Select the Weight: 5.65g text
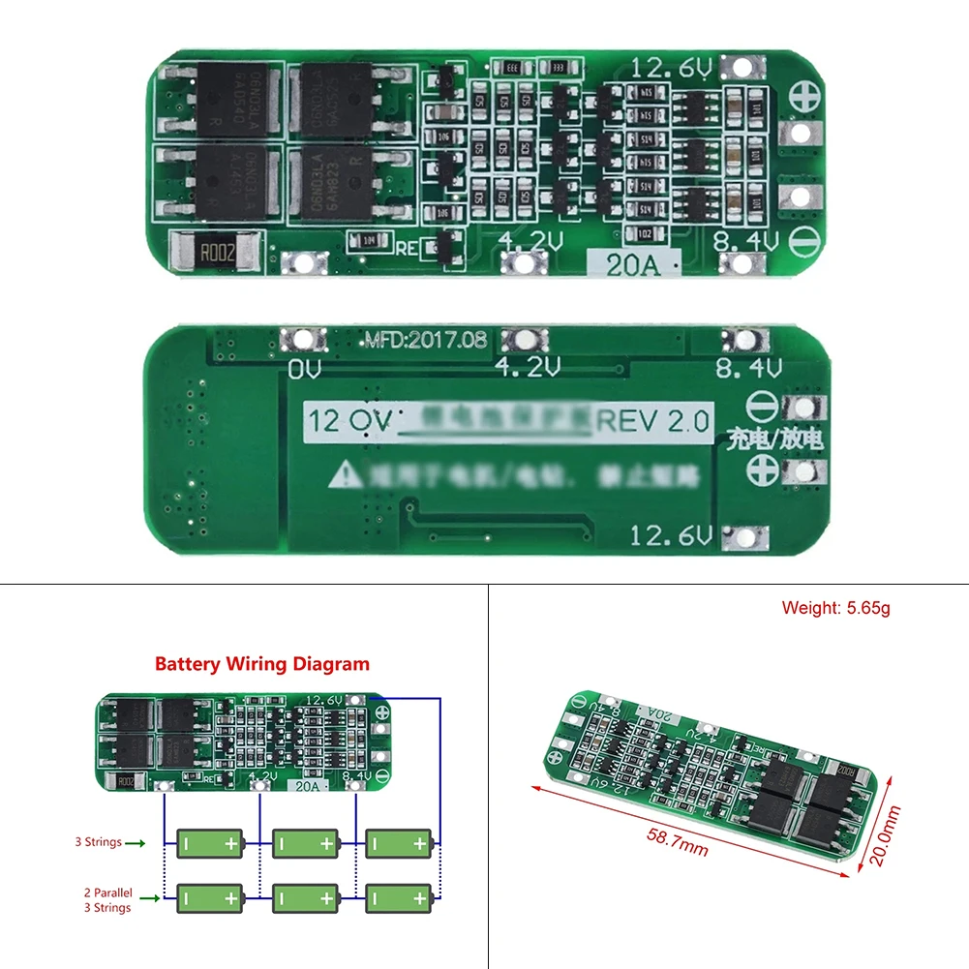(835, 608)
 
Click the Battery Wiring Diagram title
(262, 664)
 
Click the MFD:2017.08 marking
(426, 340)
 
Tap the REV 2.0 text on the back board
(652, 421)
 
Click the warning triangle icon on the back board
(346, 475)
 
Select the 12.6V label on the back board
(671, 535)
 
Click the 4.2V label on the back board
(528, 367)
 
